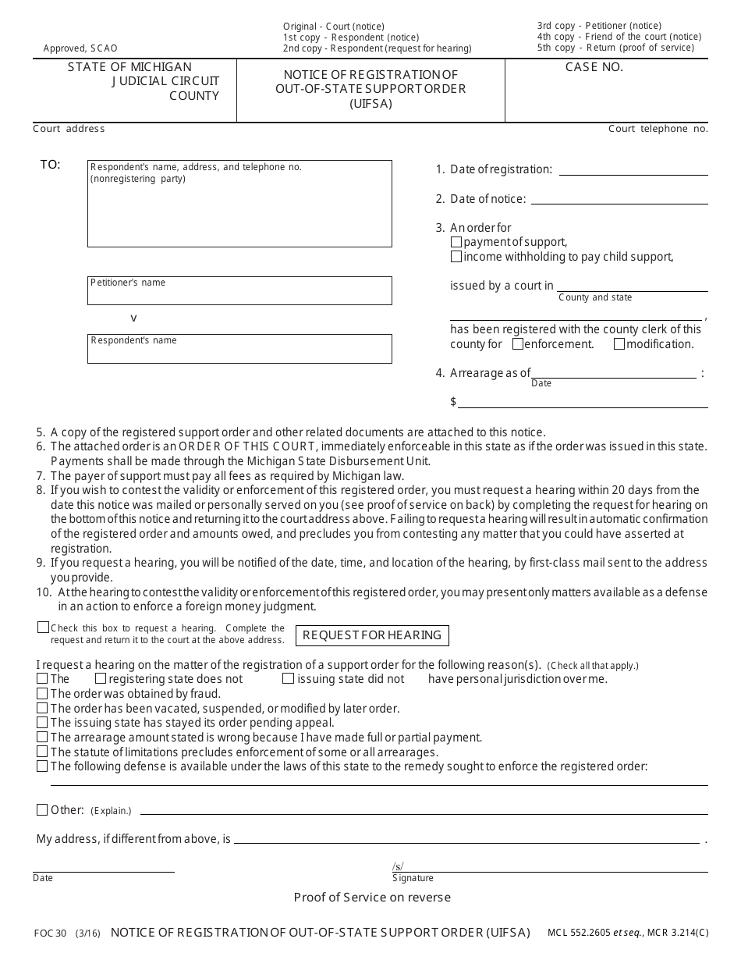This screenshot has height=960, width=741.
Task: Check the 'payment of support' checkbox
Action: tap(456, 242)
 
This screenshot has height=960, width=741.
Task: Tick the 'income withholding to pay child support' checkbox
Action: tap(456, 257)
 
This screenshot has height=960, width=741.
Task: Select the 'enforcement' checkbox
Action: tap(518, 343)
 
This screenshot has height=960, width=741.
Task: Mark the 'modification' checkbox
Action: tap(619, 343)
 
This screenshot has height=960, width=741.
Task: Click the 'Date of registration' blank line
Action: tap(633, 169)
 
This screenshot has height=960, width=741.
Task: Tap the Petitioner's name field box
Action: tap(239, 290)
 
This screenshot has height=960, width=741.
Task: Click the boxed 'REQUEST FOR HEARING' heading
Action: tap(372, 635)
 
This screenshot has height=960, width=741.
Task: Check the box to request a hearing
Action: tap(43, 628)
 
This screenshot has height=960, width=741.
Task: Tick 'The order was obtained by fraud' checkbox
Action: tap(42, 693)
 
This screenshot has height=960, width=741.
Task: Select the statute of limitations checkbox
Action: tap(42, 752)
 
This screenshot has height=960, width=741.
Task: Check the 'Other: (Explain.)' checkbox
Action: tap(42, 810)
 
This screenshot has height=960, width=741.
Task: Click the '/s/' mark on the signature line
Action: tap(398, 866)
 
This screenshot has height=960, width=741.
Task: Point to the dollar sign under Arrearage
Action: tap(453, 402)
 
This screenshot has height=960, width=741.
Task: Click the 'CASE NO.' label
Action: tap(594, 67)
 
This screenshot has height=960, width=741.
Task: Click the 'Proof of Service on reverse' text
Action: tap(372, 898)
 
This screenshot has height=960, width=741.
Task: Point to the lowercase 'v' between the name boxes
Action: tap(133, 318)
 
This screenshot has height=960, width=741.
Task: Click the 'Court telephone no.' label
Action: tap(658, 129)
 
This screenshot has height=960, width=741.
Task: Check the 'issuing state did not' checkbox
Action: tap(288, 679)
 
